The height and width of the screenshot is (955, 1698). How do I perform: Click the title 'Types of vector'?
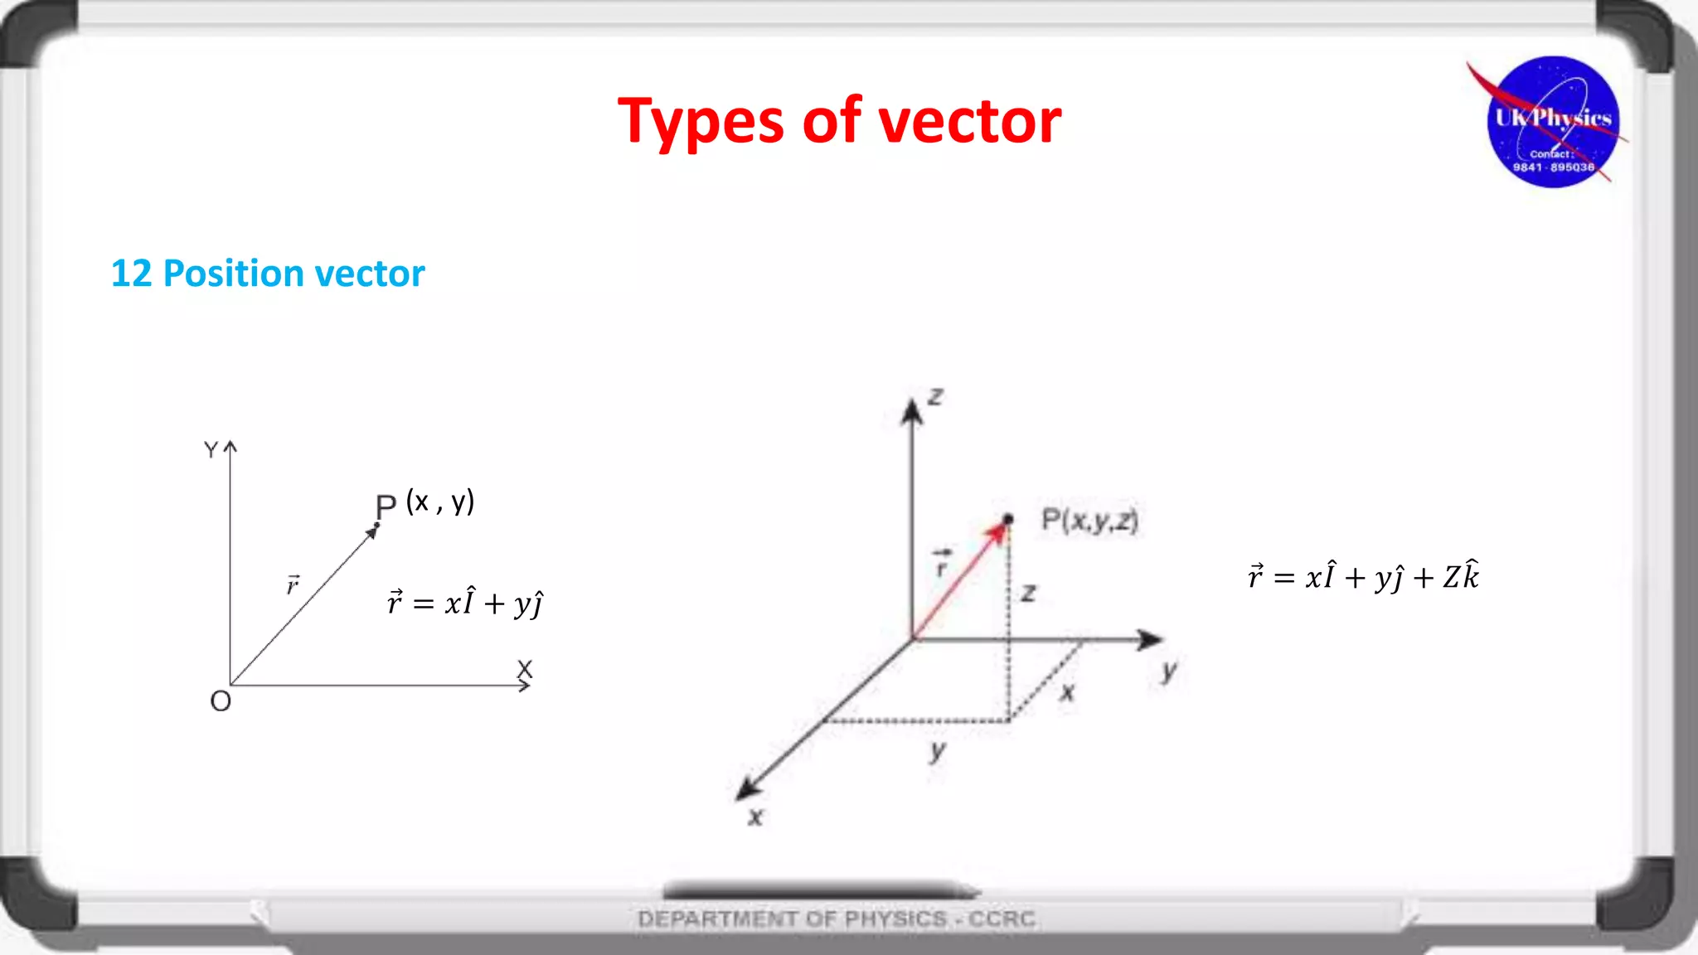(x=839, y=121)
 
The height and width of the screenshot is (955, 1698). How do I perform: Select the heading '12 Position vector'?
(x=267, y=274)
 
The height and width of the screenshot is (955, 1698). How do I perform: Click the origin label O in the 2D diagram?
(x=221, y=701)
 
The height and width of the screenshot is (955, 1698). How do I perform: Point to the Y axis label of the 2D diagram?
(x=211, y=449)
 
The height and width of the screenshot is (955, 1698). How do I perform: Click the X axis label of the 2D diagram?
(x=525, y=668)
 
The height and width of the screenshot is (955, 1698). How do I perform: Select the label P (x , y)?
(x=424, y=503)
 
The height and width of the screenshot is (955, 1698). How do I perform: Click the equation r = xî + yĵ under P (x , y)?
(x=464, y=602)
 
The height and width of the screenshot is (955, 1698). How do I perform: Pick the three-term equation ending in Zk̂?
(x=1363, y=575)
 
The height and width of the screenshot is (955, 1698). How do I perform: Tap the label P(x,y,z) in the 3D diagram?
(x=1089, y=521)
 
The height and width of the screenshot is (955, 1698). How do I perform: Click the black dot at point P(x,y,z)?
(x=1007, y=520)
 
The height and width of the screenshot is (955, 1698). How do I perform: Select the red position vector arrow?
(x=960, y=580)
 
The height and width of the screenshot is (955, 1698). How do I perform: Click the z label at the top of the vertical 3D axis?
(x=935, y=397)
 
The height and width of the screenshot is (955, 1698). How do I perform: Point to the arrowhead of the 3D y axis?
(x=1150, y=639)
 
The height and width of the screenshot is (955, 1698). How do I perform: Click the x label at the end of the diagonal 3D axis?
(x=754, y=817)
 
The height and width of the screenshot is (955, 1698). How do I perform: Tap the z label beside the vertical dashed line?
(x=1029, y=593)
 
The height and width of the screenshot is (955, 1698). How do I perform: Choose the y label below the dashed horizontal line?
(x=937, y=751)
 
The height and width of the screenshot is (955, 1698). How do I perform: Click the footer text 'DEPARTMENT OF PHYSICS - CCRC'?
(x=836, y=919)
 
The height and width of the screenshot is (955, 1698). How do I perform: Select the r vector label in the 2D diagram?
(x=293, y=585)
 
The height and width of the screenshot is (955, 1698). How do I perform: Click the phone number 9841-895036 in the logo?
(x=1553, y=167)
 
